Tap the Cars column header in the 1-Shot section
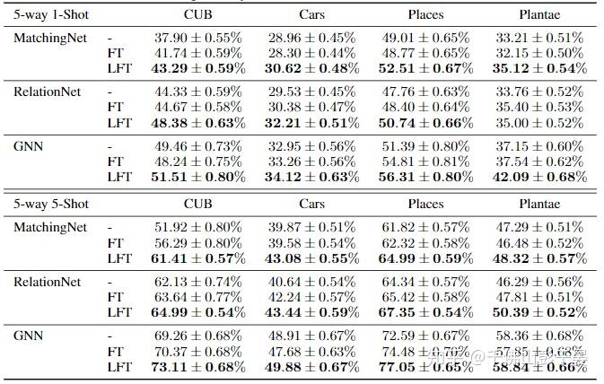[x=312, y=15]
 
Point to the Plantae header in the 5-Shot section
[x=538, y=204]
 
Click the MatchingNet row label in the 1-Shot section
[x=50, y=39]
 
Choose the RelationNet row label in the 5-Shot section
[x=48, y=283]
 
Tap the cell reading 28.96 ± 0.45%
[x=311, y=39]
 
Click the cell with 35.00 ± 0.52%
[x=538, y=123]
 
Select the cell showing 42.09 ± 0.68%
[x=538, y=177]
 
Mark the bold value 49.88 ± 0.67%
[x=311, y=367]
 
